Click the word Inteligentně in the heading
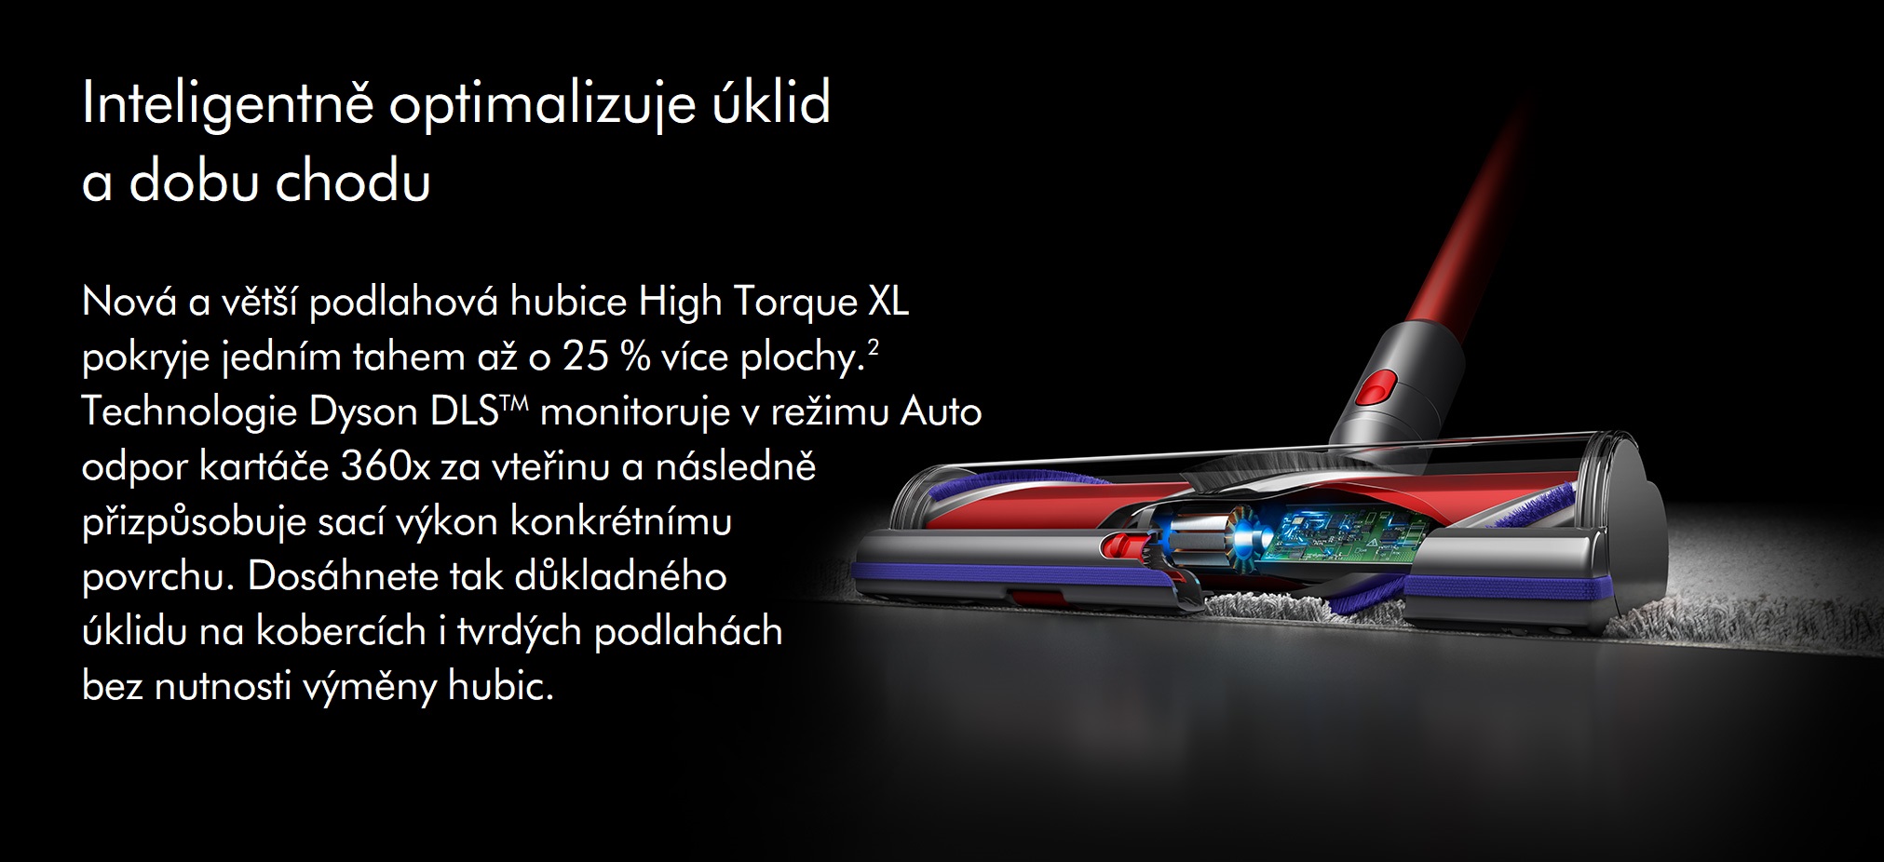tap(228, 104)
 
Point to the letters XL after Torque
tap(888, 302)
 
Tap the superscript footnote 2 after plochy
tap(873, 347)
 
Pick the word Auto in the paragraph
tap(941, 411)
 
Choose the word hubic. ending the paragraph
tap(501, 686)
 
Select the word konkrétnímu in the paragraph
tap(620, 521)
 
